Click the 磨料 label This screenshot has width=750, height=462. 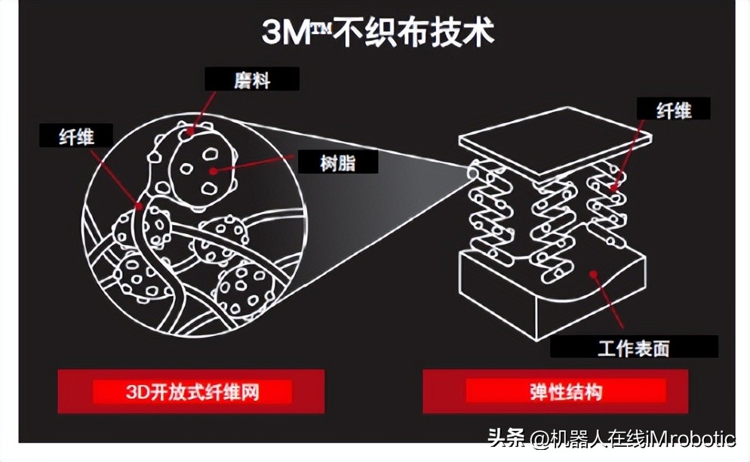252,79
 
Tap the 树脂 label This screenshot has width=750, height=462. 337,162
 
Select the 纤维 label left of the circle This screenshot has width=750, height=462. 75,137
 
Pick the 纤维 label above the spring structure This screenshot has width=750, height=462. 674,110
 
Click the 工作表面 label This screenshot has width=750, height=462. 633,348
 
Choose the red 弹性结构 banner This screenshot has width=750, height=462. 565,391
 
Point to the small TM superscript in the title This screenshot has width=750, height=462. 322,25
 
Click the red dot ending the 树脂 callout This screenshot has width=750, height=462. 214,171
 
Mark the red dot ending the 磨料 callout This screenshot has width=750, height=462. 191,131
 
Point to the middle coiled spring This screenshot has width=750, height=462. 553,219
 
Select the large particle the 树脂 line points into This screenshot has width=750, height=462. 200,170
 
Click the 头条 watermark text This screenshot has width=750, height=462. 506,439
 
